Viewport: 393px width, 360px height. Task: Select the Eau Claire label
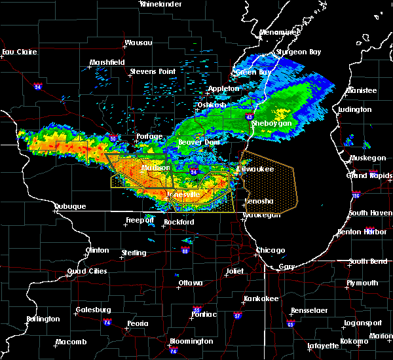click(x=17, y=52)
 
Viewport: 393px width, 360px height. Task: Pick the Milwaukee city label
click(x=255, y=169)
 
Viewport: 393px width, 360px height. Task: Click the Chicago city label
click(x=271, y=250)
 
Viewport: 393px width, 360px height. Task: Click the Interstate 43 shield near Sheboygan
click(x=251, y=117)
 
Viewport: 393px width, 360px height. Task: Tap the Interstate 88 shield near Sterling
click(x=185, y=250)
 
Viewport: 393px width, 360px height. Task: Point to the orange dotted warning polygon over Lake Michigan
click(x=270, y=183)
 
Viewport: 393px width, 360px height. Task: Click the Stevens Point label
click(x=153, y=71)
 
